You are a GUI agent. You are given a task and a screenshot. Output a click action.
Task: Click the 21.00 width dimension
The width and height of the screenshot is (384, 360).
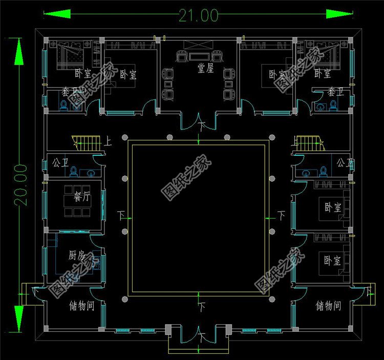198,15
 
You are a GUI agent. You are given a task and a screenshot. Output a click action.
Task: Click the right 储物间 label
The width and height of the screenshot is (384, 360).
328,306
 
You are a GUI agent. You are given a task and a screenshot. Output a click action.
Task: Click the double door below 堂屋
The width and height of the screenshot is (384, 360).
199,122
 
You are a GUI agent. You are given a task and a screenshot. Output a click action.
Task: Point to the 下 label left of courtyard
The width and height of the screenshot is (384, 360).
121,214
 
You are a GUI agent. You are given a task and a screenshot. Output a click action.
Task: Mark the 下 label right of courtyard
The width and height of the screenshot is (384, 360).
281,214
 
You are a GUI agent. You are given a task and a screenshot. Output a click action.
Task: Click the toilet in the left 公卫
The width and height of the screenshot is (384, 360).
73,171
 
